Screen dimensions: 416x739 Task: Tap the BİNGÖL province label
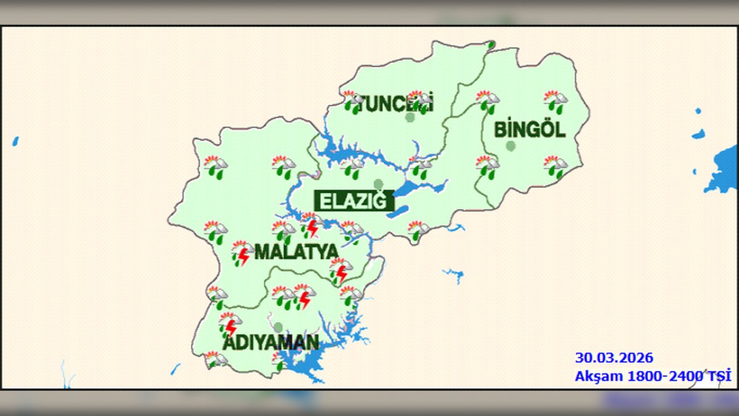click(529, 130)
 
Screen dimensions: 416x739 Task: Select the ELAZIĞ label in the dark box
click(354, 201)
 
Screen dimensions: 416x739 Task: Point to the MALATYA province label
click(296, 251)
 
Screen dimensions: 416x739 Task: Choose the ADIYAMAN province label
click(270, 343)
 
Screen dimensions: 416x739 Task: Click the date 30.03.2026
click(613, 358)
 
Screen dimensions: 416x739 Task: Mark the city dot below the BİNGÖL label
click(511, 146)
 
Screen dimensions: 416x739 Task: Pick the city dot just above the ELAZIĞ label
click(378, 184)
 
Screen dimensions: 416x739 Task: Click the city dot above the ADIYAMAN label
click(278, 327)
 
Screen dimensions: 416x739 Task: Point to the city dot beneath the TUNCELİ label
click(410, 117)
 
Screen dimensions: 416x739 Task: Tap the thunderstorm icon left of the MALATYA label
click(241, 253)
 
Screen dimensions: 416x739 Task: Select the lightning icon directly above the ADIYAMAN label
click(230, 324)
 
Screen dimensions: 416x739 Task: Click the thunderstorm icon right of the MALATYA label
click(340, 270)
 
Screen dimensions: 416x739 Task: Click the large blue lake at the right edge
click(723, 169)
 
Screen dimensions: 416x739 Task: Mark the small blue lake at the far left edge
click(15, 141)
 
